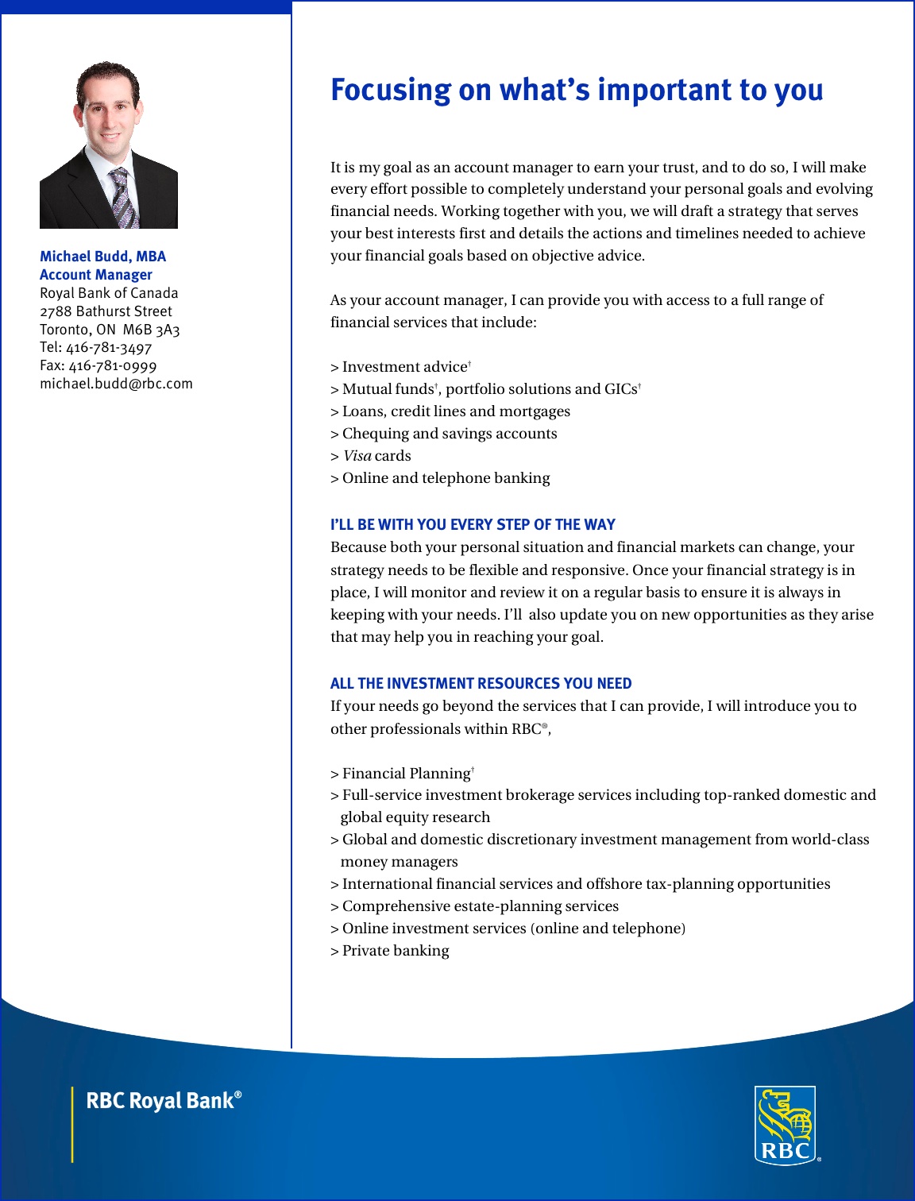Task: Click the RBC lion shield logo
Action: (x=785, y=1125)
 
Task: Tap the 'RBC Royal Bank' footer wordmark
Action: (x=162, y=1101)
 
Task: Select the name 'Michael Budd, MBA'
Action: (x=102, y=257)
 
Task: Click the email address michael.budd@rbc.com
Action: (x=116, y=384)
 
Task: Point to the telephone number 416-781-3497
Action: (x=109, y=348)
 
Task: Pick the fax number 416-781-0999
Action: (x=112, y=366)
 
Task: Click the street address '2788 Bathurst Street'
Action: (x=106, y=311)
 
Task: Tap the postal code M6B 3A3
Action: (x=152, y=330)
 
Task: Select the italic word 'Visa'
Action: (x=357, y=456)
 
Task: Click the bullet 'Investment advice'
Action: (x=404, y=367)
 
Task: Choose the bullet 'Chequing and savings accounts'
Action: (x=450, y=434)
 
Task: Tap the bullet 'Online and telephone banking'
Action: (x=446, y=478)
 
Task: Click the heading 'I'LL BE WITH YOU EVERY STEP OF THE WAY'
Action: (x=473, y=525)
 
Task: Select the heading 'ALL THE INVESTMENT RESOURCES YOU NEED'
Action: (x=481, y=684)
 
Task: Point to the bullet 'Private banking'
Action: (x=395, y=951)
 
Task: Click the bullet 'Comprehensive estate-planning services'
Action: (x=480, y=906)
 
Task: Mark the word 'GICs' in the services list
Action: (x=621, y=389)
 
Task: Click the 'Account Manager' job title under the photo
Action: (x=96, y=275)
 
